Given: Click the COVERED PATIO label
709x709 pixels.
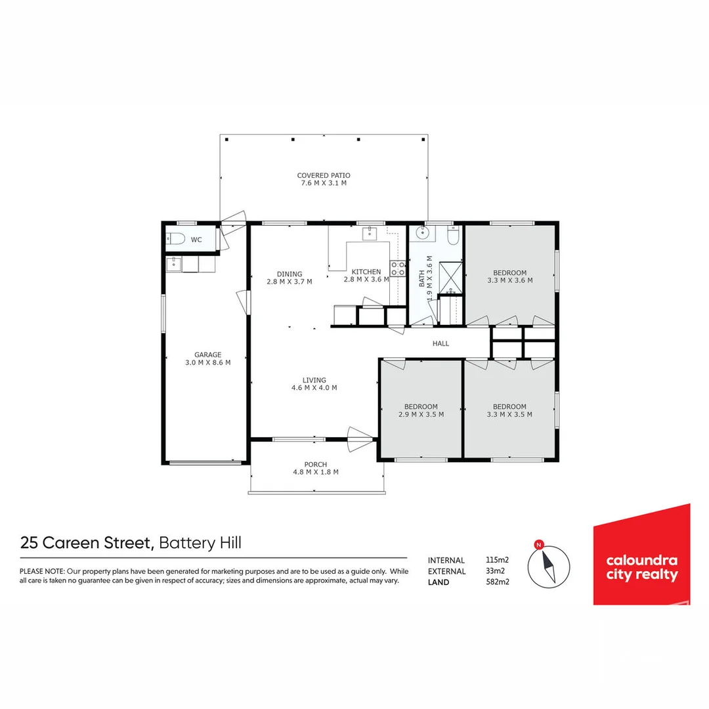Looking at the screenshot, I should pyautogui.click(x=323, y=175).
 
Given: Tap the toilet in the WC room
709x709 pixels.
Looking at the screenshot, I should pyautogui.click(x=177, y=240).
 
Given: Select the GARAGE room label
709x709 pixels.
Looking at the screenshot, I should pyautogui.click(x=207, y=354).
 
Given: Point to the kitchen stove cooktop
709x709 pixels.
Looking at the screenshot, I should pyautogui.click(x=397, y=268).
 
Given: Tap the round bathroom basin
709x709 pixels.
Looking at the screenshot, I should pyautogui.click(x=420, y=232).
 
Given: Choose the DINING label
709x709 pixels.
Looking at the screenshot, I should pyautogui.click(x=289, y=274).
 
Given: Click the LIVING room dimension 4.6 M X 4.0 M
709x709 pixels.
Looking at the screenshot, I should pyautogui.click(x=314, y=387).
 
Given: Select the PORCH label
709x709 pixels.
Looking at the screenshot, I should pyautogui.click(x=315, y=464).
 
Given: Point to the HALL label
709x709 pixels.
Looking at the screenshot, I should pyautogui.click(x=440, y=343).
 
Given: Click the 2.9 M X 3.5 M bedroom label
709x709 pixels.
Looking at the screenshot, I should pyautogui.click(x=420, y=414).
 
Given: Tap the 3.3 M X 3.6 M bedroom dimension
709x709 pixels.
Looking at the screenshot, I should pyautogui.click(x=509, y=280).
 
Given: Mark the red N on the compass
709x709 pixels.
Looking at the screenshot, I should pyautogui.click(x=539, y=544).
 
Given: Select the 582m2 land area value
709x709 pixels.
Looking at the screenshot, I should pyautogui.click(x=497, y=582).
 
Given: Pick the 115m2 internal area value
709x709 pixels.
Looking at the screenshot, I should pyautogui.click(x=497, y=560).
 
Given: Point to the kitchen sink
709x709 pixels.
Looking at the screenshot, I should pyautogui.click(x=370, y=233).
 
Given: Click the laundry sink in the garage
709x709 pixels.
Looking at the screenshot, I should pyautogui.click(x=173, y=264).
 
